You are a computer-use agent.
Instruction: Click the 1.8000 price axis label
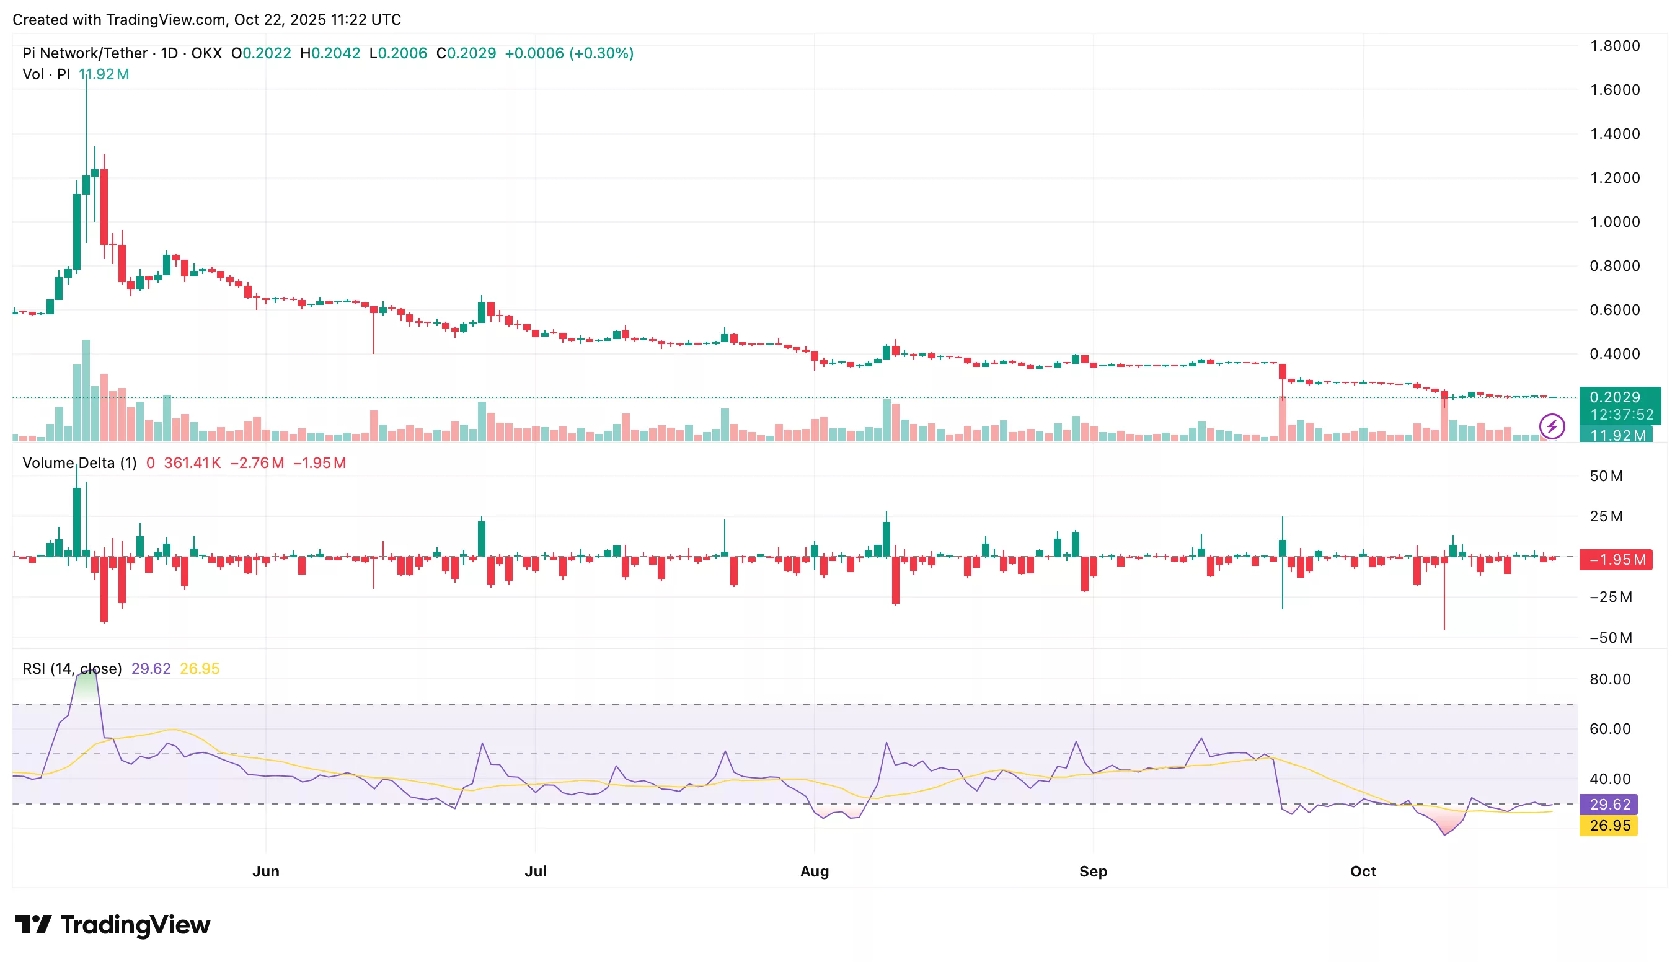coord(1614,46)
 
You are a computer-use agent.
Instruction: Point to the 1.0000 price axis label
coord(1614,222)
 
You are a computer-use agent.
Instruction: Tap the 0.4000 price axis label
coord(1614,354)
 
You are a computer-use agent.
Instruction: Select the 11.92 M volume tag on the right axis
coord(1617,435)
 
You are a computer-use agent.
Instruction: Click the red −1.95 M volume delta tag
coord(1616,560)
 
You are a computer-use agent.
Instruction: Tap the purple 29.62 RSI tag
coord(1609,804)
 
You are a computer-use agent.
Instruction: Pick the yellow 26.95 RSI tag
coord(1609,825)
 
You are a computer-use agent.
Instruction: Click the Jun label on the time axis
coord(265,871)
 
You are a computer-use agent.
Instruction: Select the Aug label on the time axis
coord(814,871)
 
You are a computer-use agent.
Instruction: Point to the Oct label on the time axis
coord(1362,871)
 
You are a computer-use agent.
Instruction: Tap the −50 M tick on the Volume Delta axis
coord(1610,638)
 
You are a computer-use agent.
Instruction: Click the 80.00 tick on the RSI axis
coord(1609,679)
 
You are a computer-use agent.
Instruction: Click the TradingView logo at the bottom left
coord(112,924)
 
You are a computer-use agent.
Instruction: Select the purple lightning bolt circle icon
coord(1552,426)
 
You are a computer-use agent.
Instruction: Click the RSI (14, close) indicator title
coord(72,669)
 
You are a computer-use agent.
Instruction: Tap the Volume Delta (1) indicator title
coord(79,462)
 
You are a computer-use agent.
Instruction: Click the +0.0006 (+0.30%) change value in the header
coord(569,53)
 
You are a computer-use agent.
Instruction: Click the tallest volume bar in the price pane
coord(86,390)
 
